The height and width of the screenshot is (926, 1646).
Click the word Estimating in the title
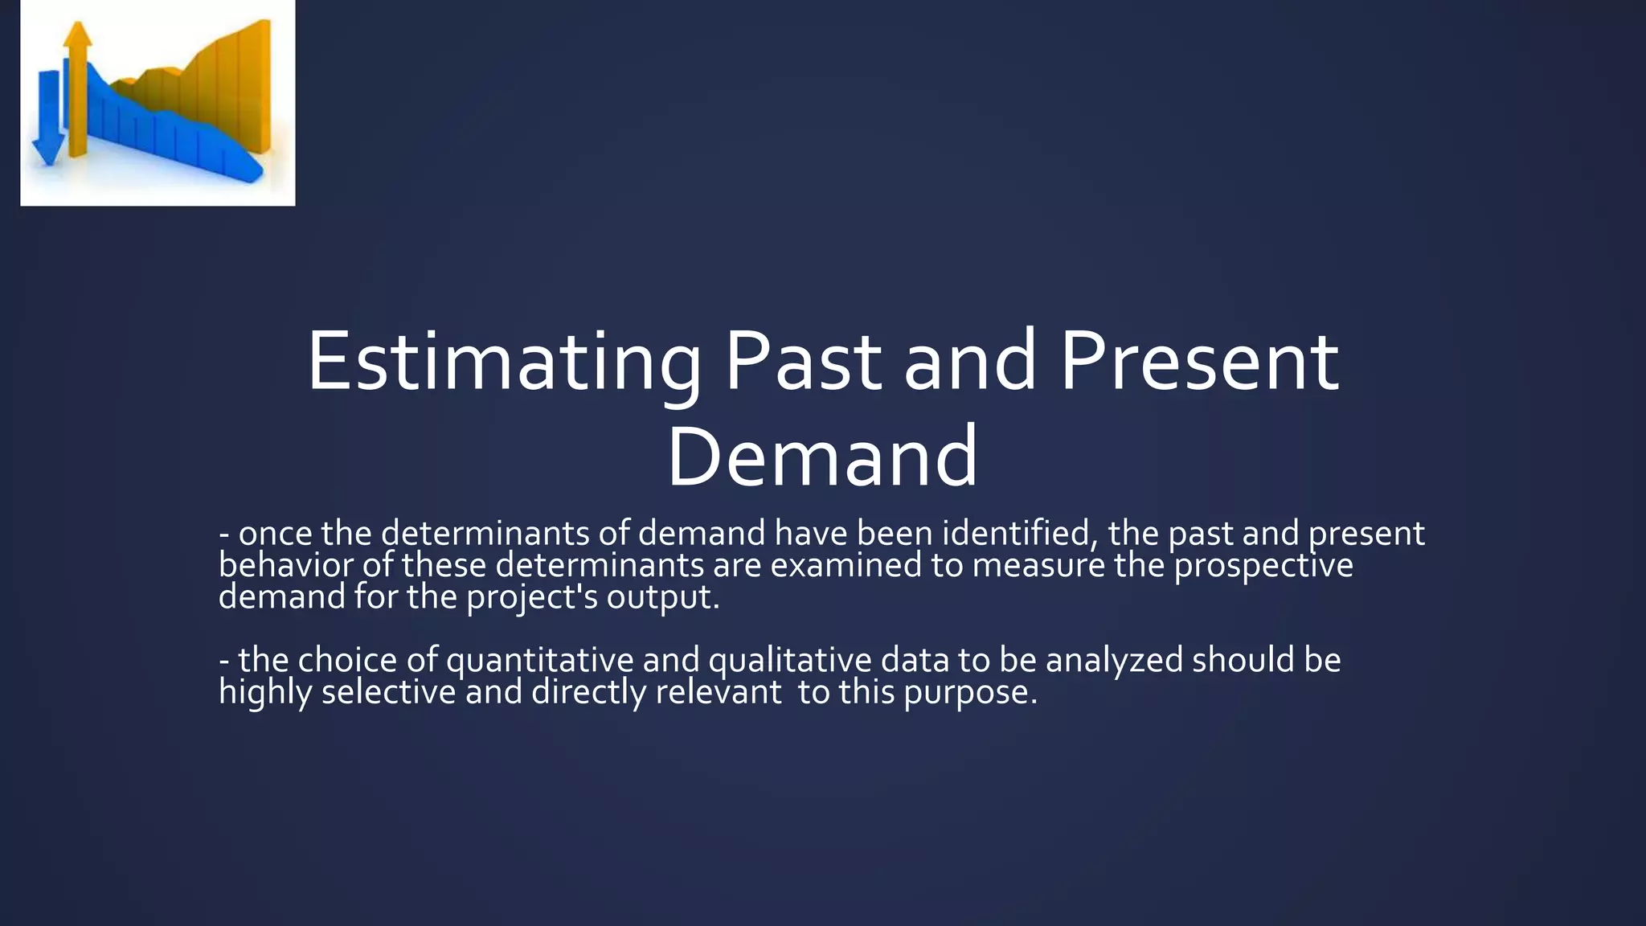click(504, 362)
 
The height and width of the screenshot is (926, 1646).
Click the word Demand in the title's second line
click(822, 458)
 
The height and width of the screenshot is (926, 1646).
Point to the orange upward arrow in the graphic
click(78, 88)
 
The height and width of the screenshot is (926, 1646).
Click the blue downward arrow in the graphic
click(49, 121)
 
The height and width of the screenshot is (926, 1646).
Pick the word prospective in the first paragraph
click(1263, 565)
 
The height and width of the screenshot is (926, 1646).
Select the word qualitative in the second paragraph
click(789, 661)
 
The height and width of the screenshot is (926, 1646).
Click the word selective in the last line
click(388, 692)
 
